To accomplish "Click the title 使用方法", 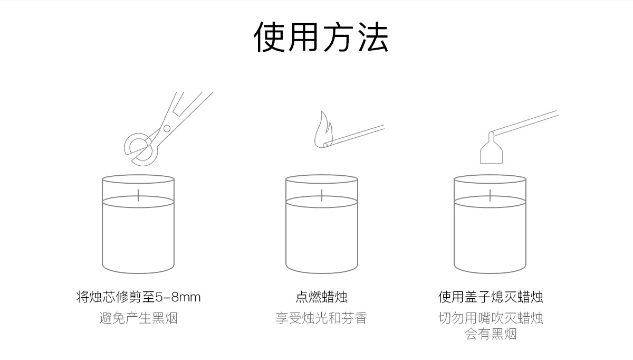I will click(x=321, y=37).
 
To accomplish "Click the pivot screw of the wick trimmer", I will click(x=167, y=128).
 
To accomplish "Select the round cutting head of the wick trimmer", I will click(x=140, y=147).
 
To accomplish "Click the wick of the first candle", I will click(x=138, y=195).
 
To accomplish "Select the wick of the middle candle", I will click(x=322, y=195).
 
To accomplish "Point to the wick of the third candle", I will click(x=491, y=195).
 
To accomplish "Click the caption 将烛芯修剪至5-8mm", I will click(x=138, y=297).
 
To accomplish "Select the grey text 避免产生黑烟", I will click(x=138, y=318).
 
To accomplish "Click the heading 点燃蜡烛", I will click(x=321, y=297).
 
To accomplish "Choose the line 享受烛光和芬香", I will click(x=321, y=318).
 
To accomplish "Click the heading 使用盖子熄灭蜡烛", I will click(x=491, y=297).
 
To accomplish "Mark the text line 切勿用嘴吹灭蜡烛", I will click(x=491, y=318).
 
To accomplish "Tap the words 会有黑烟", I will click(x=491, y=334).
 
